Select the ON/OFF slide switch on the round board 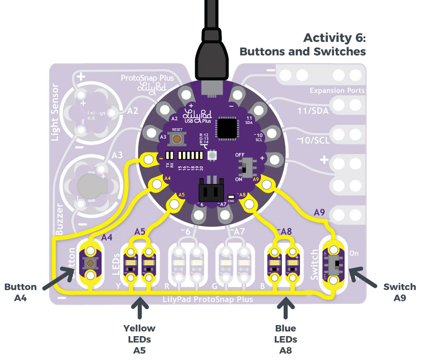244,167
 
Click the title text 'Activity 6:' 335,38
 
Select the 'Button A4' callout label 21,292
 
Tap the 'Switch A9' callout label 399,292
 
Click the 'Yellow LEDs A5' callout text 140,339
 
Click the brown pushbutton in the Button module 91,264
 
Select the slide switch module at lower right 334,264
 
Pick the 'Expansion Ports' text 337,91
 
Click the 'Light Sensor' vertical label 55,112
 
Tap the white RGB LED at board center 212,155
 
